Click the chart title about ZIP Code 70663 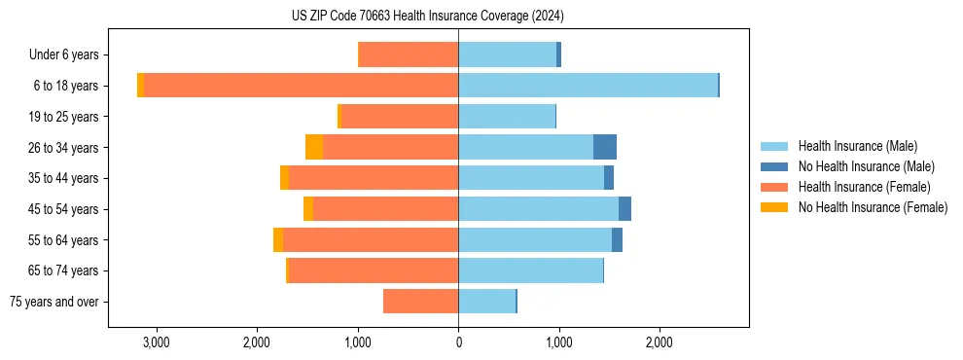pos(427,17)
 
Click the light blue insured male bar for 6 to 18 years pos(588,85)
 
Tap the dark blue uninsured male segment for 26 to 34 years pos(604,147)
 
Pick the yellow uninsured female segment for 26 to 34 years pos(313,147)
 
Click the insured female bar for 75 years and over pos(420,302)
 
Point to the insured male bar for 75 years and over pos(486,302)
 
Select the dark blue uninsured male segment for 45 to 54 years pos(624,208)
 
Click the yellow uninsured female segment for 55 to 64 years pos(278,239)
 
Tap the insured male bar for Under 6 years pos(507,54)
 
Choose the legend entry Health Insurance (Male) pos(857,146)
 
